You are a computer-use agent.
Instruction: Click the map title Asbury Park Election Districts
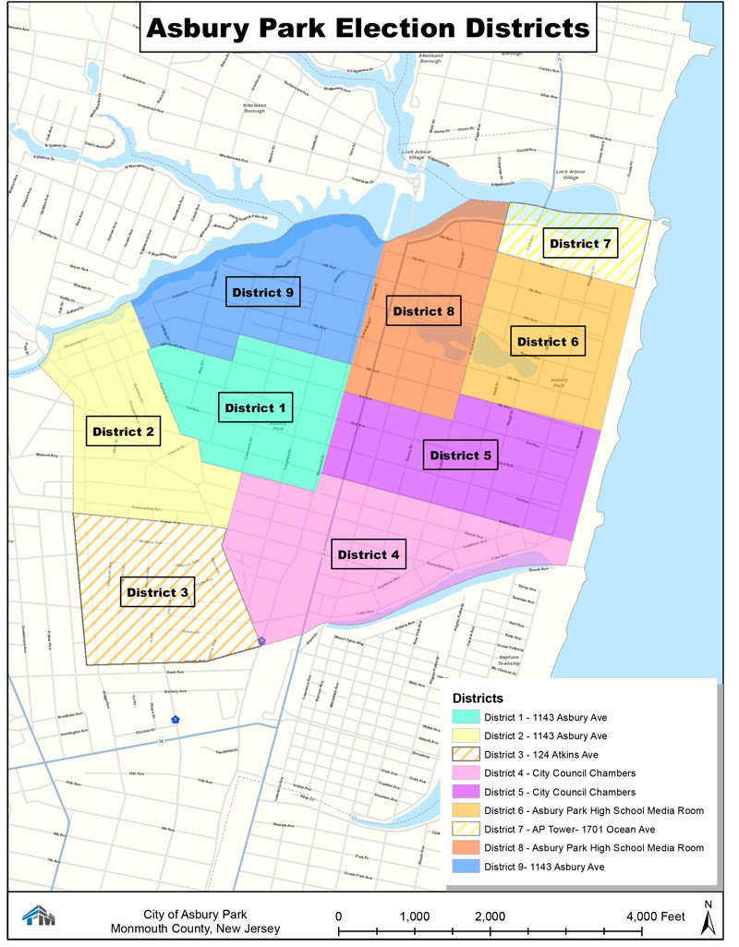(368, 28)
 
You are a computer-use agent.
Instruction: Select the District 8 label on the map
(423, 311)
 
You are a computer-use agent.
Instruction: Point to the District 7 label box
(580, 245)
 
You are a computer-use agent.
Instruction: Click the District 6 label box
(548, 341)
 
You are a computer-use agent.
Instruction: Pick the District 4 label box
(369, 554)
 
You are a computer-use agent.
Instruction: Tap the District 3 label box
(157, 592)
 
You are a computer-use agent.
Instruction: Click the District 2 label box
(123, 431)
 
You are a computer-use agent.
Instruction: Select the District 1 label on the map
(256, 407)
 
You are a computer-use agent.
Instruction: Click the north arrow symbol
(708, 918)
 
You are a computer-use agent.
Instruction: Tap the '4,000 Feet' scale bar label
(653, 916)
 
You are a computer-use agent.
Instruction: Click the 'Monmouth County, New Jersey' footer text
(195, 929)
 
